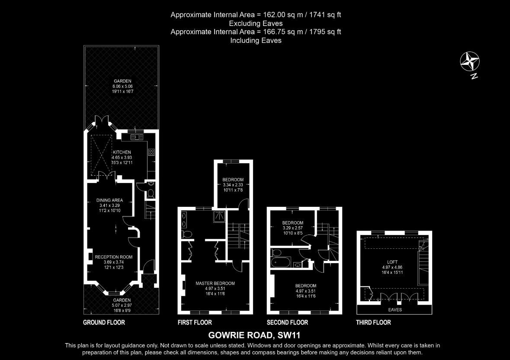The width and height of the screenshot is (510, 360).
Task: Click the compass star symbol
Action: point(470,61)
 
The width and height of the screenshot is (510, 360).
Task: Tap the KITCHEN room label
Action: point(122,152)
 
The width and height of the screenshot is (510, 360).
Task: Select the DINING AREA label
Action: point(109,200)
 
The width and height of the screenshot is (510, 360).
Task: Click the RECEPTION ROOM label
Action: point(113,257)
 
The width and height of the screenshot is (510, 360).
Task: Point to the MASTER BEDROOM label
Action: point(215,283)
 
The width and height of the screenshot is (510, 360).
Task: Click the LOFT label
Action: point(392,262)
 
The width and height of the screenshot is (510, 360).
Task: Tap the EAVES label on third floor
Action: point(395,310)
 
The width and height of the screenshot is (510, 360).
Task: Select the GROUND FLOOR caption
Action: point(104,322)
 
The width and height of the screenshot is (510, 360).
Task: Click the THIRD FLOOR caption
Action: point(373,322)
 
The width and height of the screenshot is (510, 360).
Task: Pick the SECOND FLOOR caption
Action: point(287,322)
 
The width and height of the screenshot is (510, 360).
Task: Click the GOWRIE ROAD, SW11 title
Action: point(254,335)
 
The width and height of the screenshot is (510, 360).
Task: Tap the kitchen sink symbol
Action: point(137,137)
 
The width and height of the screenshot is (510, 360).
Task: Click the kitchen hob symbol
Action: point(151,152)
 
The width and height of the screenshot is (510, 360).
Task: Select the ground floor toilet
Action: point(150,193)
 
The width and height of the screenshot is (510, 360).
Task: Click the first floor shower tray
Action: point(219,217)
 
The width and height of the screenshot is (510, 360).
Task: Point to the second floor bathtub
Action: point(281,263)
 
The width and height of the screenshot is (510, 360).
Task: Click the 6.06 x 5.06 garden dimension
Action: point(122,87)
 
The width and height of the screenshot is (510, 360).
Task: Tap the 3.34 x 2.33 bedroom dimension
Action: point(233,185)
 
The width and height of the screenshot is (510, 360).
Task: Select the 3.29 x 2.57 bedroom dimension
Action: point(293,228)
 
